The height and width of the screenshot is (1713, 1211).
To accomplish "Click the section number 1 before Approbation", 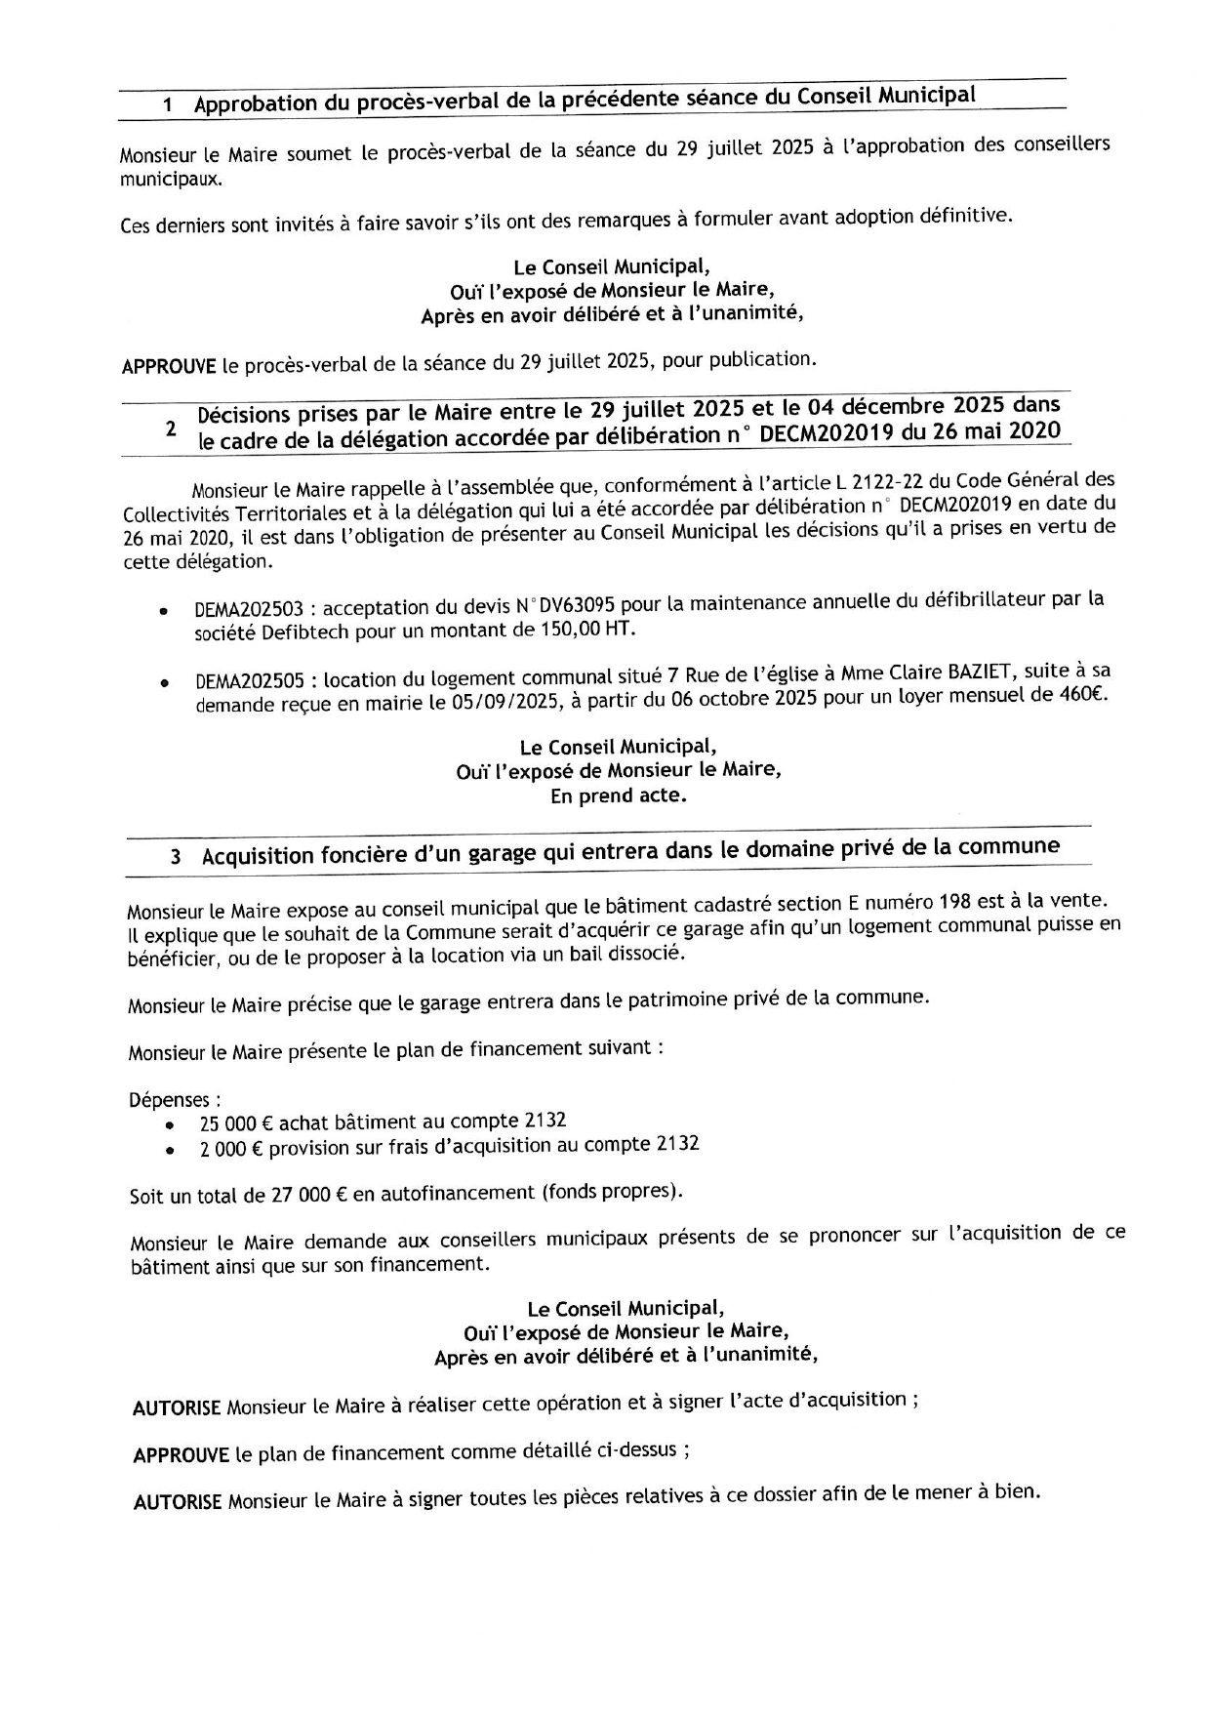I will [x=168, y=105].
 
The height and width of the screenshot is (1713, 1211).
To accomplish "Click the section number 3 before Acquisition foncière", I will [x=176, y=857].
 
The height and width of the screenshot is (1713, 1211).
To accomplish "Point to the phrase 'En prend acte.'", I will [x=619, y=795].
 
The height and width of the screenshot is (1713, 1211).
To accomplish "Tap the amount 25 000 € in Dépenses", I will [x=231, y=1124].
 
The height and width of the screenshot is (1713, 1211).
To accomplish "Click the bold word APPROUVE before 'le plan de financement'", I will [x=182, y=1455].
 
